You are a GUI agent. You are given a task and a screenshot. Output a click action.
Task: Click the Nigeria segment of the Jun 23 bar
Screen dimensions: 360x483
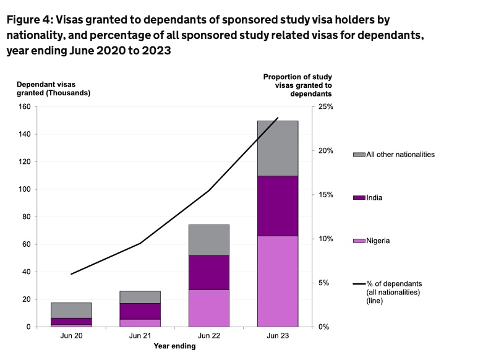278,281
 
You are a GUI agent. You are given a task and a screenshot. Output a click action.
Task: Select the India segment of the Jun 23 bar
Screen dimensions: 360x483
278,205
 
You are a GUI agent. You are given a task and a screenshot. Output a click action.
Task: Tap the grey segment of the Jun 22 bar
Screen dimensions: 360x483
208,240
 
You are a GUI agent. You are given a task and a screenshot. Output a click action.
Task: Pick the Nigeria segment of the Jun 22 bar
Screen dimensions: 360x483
208,307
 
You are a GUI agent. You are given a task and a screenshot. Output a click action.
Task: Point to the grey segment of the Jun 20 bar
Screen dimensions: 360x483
71,310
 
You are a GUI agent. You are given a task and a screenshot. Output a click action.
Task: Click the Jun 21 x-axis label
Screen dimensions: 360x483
140,336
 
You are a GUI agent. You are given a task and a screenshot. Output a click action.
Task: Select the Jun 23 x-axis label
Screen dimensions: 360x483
278,336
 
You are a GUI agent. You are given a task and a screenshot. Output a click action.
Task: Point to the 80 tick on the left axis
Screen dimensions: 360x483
27,216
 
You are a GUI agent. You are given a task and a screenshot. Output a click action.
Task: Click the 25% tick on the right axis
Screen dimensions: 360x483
325,107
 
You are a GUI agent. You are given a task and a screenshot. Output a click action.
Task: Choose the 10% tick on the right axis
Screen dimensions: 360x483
325,239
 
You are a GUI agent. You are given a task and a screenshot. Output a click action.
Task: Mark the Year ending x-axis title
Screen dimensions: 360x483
174,346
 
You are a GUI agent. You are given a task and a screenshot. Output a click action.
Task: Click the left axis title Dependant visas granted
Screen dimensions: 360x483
53,88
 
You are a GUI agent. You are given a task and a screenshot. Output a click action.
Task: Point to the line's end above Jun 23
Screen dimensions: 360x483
278,118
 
